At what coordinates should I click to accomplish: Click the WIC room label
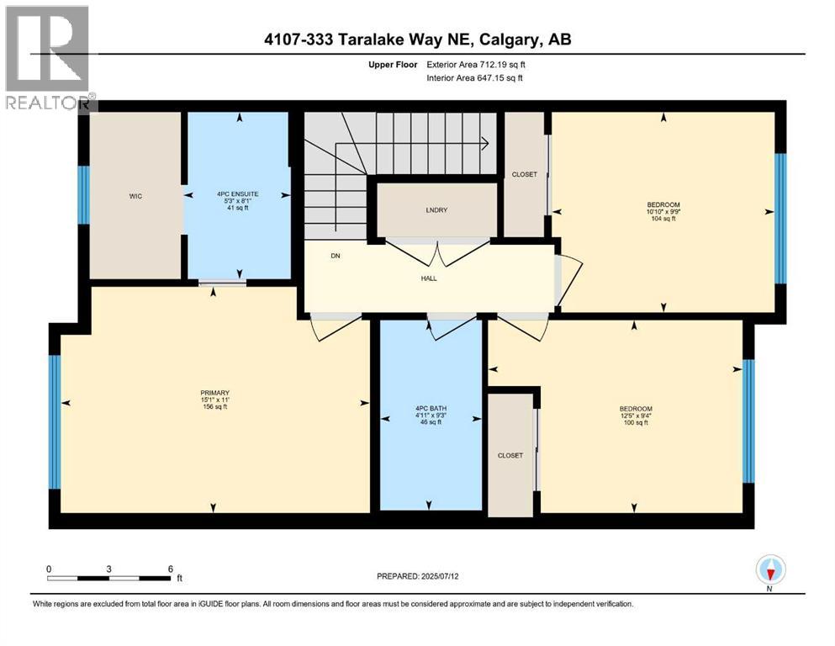point(135,196)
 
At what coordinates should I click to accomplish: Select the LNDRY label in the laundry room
point(436,209)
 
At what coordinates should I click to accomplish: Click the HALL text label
point(429,278)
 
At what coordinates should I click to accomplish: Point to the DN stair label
point(335,256)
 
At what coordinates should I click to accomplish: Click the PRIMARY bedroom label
point(215,393)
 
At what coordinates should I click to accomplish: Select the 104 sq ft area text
point(663,219)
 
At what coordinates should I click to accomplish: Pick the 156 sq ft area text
point(215,407)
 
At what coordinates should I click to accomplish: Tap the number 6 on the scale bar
point(171,569)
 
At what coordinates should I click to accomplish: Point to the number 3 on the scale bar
point(109,569)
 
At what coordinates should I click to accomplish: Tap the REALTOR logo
point(49,59)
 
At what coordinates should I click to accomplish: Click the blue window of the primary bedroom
point(55,421)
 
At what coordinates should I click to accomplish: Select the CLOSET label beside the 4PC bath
point(510,455)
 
